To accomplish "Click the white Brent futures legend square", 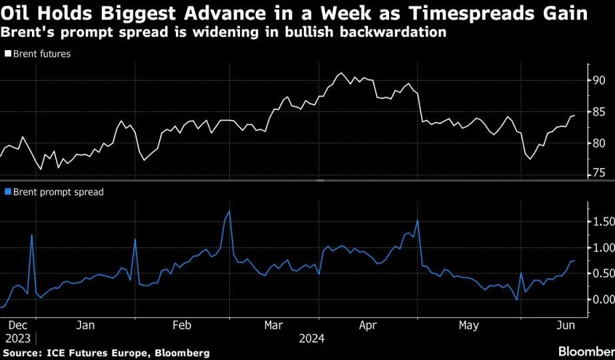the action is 8,53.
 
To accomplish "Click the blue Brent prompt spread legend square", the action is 8,191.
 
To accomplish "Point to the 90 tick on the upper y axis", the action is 599,81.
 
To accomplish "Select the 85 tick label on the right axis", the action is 599,112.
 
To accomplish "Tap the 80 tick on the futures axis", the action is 599,143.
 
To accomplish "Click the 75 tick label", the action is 599,173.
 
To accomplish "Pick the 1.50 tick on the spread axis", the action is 603,222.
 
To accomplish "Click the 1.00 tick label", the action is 603,248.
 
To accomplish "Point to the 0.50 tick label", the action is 603,273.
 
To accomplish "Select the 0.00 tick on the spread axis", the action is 603,299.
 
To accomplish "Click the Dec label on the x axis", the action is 17,325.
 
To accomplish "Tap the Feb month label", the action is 182,325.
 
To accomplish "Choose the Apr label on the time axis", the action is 368,325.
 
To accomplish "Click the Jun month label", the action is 566,325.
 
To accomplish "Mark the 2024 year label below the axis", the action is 312,339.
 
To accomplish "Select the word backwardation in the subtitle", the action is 393,32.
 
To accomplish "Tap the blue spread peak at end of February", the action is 229,211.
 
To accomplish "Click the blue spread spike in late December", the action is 31,235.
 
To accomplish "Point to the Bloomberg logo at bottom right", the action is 587,351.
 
